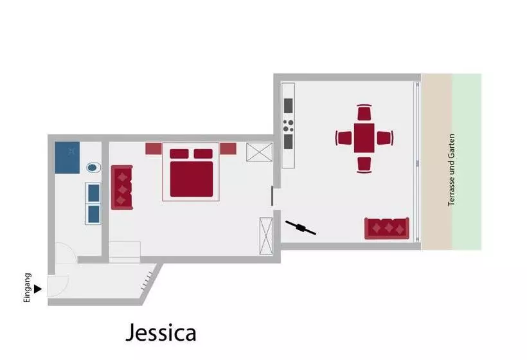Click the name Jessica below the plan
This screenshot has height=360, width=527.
[161, 332]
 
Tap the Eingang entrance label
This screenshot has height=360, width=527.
[27, 288]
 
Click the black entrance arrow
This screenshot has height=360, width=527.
[38, 289]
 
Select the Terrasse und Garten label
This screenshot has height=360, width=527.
[451, 170]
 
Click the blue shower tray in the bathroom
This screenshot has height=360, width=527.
[67, 157]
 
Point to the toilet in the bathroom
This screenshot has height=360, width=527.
[94, 167]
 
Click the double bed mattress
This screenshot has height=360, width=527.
[192, 179]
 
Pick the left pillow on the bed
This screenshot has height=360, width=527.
[179, 154]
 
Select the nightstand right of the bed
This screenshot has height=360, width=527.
[228, 148]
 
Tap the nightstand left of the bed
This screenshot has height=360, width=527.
[154, 148]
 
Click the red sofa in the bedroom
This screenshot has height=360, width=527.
[121, 187]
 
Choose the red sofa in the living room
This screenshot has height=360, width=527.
[387, 229]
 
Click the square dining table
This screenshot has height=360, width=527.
[364, 138]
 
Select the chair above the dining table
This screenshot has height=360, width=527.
[364, 113]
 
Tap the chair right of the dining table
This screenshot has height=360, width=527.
[385, 138]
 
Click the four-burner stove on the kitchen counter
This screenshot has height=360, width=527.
[288, 126]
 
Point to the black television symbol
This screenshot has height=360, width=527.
[301, 228]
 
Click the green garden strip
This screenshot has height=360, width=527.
[467, 162]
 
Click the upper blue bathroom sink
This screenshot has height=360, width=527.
[93, 193]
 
